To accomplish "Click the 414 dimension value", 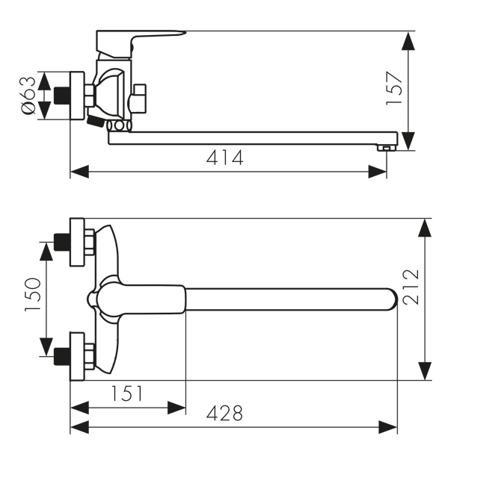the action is tap(224, 158).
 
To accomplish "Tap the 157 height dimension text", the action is tap(394, 89).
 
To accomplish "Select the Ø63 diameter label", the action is tap(28, 95).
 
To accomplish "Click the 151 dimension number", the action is tap(126, 393).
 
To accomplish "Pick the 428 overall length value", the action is tap(224, 414).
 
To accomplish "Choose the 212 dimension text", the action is tap(411, 287).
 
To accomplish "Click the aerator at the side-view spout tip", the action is tap(386, 148).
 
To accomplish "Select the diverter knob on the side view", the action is tap(138, 99).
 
